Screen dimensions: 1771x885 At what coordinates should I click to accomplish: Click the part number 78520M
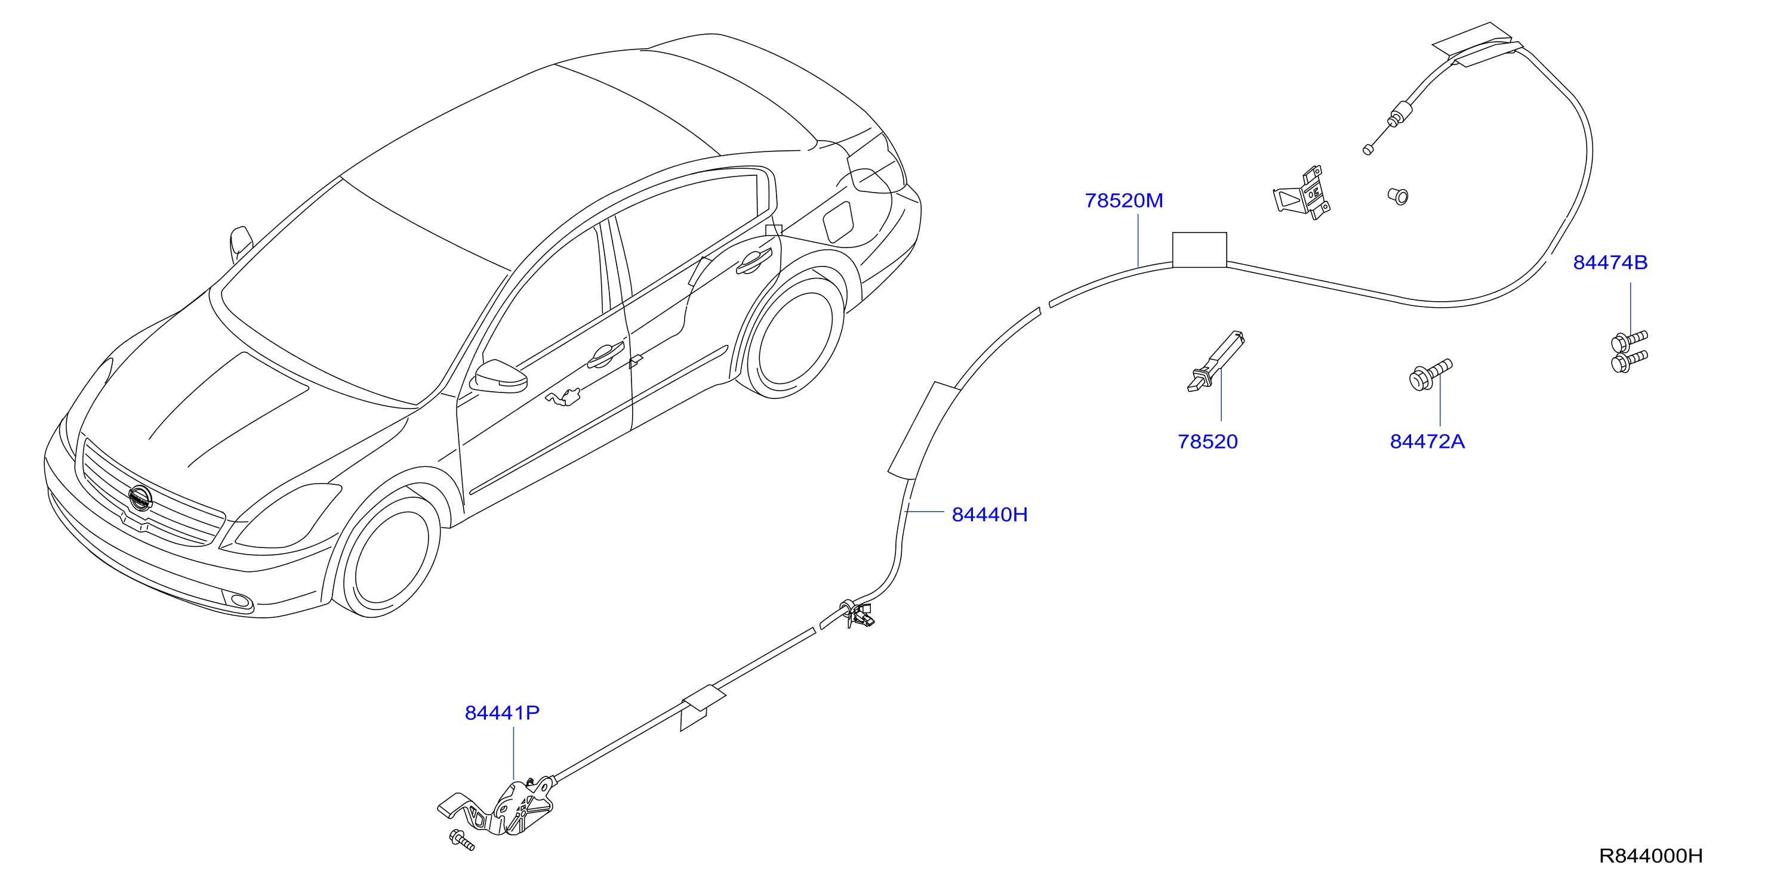pyautogui.click(x=1123, y=200)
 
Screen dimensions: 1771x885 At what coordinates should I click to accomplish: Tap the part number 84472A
pyautogui.click(x=1427, y=441)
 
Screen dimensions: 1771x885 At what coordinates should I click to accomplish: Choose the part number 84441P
pyautogui.click(x=502, y=713)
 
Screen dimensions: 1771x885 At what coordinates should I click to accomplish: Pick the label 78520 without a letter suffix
pyautogui.click(x=1208, y=441)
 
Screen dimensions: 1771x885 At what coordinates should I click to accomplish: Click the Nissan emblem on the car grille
pyautogui.click(x=140, y=497)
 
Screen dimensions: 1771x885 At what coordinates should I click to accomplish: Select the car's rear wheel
pyautogui.click(x=794, y=337)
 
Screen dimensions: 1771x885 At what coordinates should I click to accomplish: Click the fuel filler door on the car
pyautogui.click(x=838, y=221)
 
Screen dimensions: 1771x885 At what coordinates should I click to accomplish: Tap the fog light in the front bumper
pyautogui.click(x=241, y=602)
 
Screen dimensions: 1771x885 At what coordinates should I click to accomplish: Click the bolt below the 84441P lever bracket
pyautogui.click(x=461, y=840)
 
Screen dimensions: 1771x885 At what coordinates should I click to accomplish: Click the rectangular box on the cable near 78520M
pyautogui.click(x=1199, y=249)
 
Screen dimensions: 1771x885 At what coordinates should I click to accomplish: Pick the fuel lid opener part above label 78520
pyautogui.click(x=1215, y=362)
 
